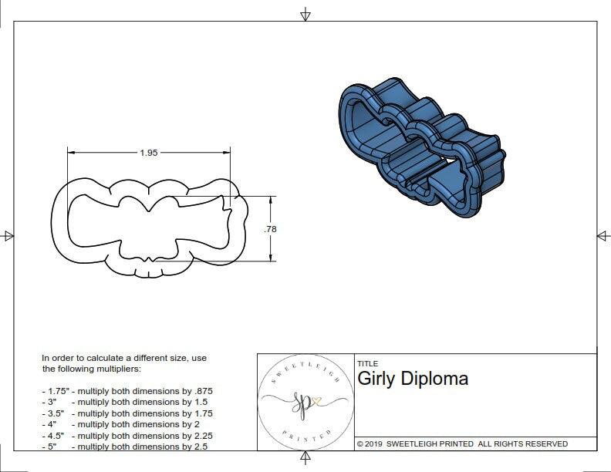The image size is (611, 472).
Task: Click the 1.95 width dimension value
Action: [149, 153]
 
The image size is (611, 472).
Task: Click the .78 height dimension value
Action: [270, 229]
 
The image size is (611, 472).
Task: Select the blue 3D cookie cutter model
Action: [421, 147]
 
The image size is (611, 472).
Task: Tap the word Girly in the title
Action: [376, 379]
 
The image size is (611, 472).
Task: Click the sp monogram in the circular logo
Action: [302, 403]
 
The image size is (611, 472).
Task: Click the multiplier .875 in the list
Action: [203, 391]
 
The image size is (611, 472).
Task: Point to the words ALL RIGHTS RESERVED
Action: [523, 443]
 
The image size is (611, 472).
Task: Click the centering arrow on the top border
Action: [305, 14]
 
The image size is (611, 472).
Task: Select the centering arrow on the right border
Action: [602, 235]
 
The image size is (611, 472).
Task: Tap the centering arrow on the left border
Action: [8, 235]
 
